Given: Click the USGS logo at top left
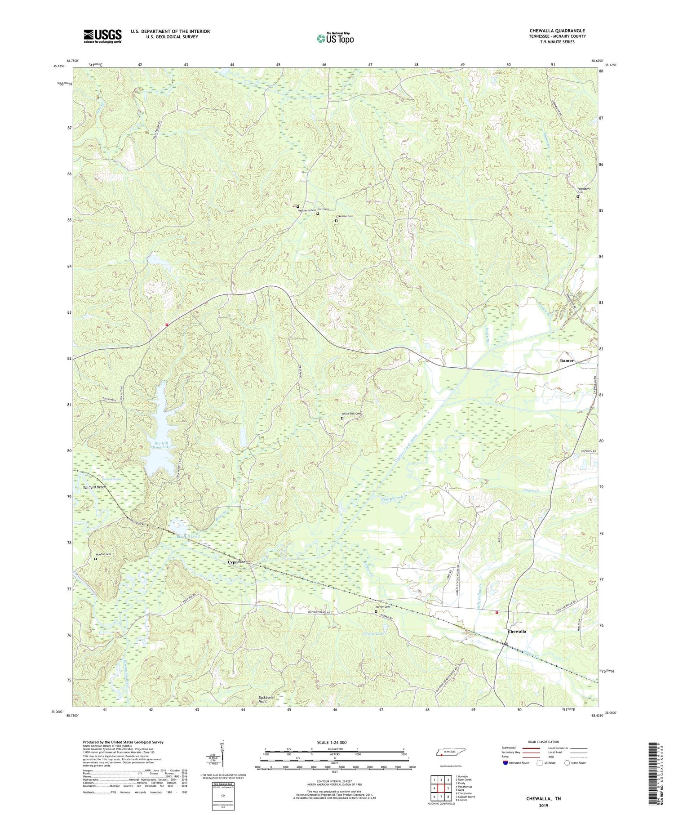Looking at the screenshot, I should [102, 36].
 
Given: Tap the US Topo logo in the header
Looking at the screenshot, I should [335, 38].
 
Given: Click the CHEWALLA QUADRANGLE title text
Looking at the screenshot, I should [557, 31].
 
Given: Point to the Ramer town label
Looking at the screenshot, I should [567, 361].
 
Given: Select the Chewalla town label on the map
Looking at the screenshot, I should [517, 631].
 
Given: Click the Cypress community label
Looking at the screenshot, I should [235, 562].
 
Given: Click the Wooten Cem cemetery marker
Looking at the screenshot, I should [95, 559].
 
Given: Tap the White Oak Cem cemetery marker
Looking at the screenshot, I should [341, 418].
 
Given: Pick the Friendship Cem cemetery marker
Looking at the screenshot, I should [578, 196].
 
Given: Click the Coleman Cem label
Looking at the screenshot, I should [344, 216].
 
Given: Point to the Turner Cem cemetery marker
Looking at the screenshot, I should [376, 611].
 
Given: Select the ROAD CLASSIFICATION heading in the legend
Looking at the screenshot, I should [544, 742].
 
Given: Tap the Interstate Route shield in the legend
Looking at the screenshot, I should [505, 763].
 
